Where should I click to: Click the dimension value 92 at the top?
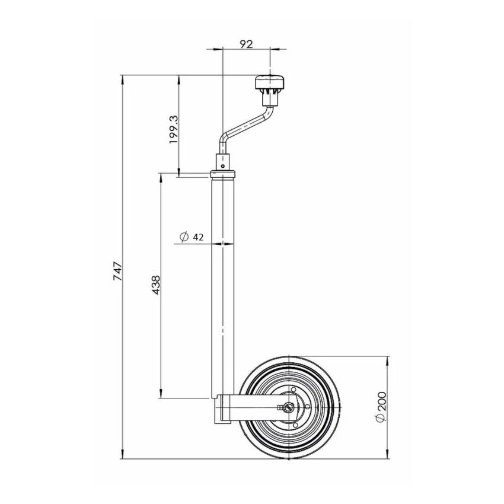click(x=246, y=43)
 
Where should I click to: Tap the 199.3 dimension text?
click(x=173, y=129)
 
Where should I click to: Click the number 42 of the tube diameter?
click(x=199, y=237)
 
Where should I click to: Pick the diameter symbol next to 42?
click(x=184, y=237)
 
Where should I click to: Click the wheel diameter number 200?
click(x=382, y=403)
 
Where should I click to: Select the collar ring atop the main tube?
click(x=224, y=174)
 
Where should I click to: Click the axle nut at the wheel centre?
click(x=288, y=407)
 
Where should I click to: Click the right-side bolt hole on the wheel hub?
click(x=306, y=407)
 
